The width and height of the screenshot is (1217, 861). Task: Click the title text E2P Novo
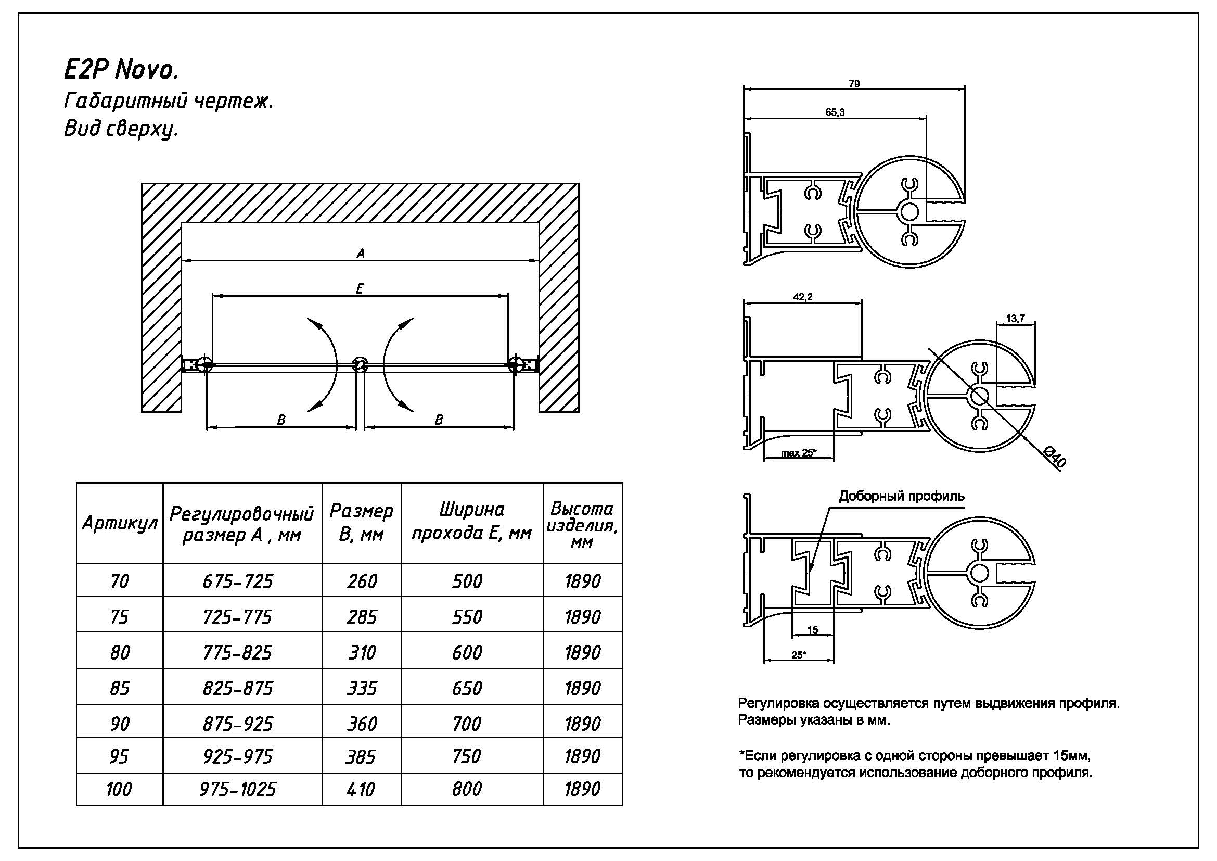click(121, 69)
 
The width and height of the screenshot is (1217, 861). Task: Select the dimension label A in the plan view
click(361, 254)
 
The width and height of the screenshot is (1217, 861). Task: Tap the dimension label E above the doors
click(360, 289)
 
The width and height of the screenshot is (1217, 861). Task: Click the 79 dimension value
click(854, 84)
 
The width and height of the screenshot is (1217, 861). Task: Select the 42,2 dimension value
click(802, 297)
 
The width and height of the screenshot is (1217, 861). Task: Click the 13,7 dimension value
click(1015, 319)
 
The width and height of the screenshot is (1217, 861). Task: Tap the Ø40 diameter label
click(1054, 457)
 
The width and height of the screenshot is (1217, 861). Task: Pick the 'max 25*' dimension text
click(799, 453)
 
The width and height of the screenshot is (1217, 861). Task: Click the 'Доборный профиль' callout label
click(901, 496)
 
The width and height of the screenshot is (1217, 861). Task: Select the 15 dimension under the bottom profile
click(813, 630)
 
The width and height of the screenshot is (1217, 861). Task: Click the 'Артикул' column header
click(120, 524)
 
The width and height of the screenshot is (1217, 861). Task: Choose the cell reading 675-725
click(238, 581)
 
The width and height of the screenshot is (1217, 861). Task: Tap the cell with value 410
click(361, 790)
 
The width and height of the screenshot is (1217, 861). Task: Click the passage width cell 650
click(467, 688)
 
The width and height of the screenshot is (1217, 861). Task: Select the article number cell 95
click(119, 756)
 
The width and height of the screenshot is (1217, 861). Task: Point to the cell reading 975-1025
click(238, 790)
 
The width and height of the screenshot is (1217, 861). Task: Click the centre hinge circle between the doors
click(361, 364)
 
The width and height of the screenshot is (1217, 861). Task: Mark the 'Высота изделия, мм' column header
click(582, 524)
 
